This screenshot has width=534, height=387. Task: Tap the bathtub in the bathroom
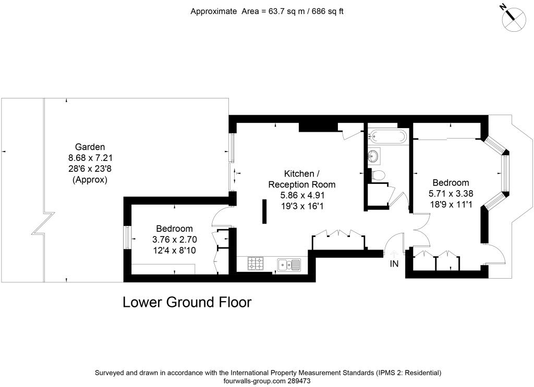(x=387, y=136)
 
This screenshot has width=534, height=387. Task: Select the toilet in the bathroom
(x=379, y=175)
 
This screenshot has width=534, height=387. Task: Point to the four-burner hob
(x=256, y=264)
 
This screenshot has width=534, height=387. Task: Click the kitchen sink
(x=289, y=265)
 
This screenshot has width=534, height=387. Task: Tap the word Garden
(x=90, y=147)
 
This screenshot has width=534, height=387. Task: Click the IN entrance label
(x=394, y=264)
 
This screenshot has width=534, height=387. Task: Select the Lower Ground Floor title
(x=187, y=302)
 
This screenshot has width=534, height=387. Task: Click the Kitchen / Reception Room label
(x=301, y=179)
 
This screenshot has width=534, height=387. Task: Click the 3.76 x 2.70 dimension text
(x=174, y=240)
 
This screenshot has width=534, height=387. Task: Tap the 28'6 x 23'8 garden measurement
(x=90, y=169)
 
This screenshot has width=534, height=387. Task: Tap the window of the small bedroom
(x=126, y=238)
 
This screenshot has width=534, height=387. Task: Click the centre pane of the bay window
(x=504, y=173)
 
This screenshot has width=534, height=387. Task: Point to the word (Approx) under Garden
(x=90, y=180)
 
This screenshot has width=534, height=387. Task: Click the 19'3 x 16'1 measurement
(x=301, y=206)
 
